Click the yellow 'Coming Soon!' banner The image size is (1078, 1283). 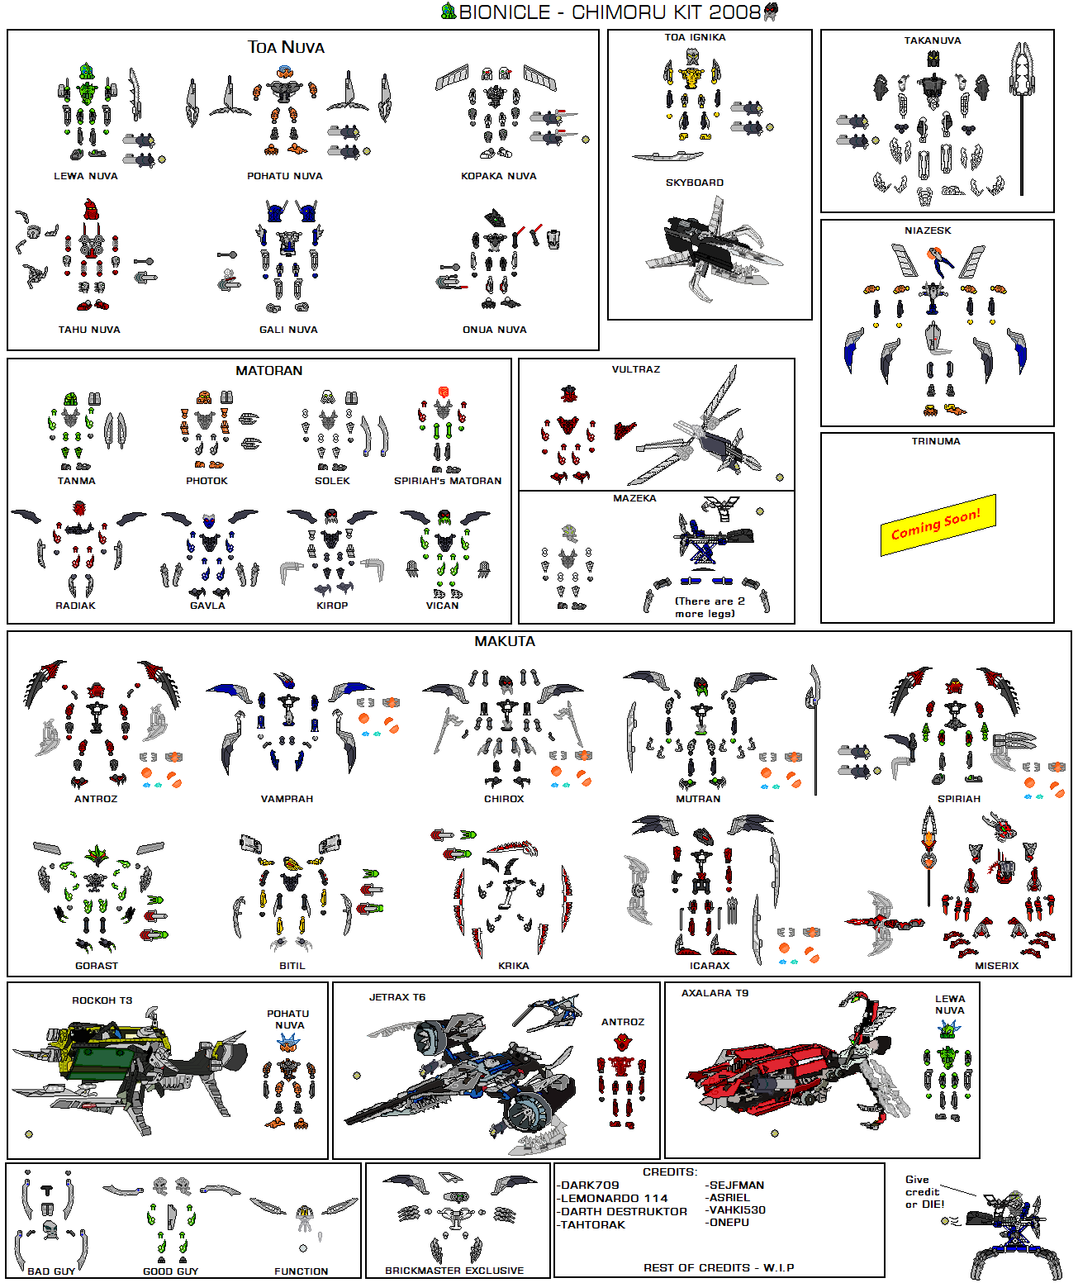click(x=938, y=525)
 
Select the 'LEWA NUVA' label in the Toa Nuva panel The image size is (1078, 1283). click(x=86, y=176)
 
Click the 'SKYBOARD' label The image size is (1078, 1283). click(x=694, y=183)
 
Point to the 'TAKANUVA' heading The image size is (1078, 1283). click(x=932, y=40)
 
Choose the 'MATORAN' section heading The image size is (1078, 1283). click(x=268, y=371)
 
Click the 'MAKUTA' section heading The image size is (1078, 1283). click(x=505, y=641)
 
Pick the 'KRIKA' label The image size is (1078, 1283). click(x=513, y=966)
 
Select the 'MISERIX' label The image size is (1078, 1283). click(x=996, y=966)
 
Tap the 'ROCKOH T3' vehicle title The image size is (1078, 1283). click(x=102, y=1000)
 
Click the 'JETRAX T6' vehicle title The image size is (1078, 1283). click(x=397, y=997)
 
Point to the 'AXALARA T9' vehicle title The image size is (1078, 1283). click(x=715, y=993)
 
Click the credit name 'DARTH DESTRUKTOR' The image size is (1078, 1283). click(x=624, y=1211)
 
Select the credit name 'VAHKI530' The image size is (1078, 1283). click(x=737, y=1209)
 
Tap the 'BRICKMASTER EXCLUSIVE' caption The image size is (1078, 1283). click(x=454, y=1271)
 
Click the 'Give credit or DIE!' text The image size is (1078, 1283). click(x=924, y=1192)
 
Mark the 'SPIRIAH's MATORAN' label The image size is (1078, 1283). click(x=447, y=481)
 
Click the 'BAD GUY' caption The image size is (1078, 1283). click(x=51, y=1271)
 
